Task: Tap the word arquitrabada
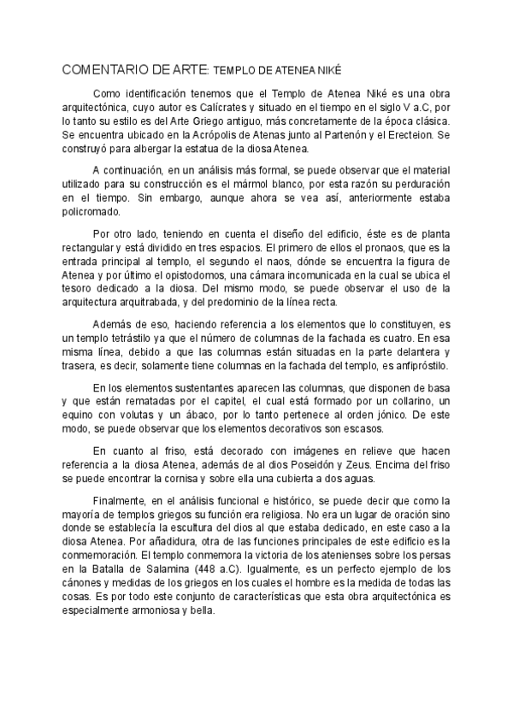pyautogui.click(x=156, y=303)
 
